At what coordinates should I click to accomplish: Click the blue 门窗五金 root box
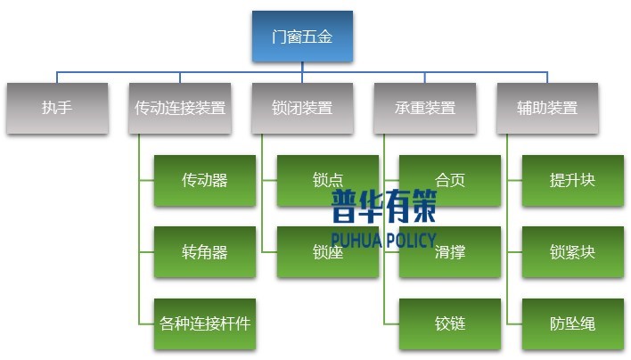point(302,37)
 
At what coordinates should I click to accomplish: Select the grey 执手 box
point(57,108)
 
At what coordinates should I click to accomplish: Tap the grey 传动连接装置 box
point(179,108)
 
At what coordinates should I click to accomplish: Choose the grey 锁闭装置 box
point(302,108)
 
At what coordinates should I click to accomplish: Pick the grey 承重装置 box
point(424,108)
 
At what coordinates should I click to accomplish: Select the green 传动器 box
point(205,180)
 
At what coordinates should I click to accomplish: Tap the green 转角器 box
point(205,252)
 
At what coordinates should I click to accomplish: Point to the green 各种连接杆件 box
point(205,323)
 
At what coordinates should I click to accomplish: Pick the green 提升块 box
point(572,180)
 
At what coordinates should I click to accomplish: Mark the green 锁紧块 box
point(572,252)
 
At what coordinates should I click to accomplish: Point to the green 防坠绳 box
point(572,323)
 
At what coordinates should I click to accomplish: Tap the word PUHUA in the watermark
point(356,240)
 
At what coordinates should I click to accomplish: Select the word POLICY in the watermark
point(410,240)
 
